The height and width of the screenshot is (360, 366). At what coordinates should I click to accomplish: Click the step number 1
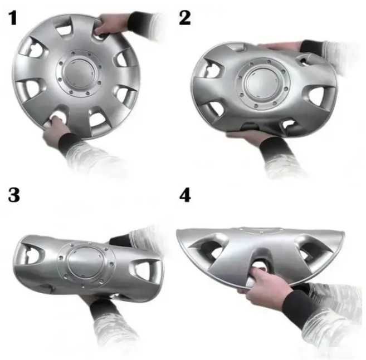(x=13, y=18)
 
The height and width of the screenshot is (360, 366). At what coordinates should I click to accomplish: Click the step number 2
(x=184, y=18)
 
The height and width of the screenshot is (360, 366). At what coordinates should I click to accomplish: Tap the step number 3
(x=14, y=195)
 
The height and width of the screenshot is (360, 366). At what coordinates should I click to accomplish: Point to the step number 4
(x=185, y=195)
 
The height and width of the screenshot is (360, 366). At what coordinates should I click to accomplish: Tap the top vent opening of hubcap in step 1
(x=63, y=28)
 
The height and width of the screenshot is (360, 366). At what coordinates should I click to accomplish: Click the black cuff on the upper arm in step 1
(x=140, y=23)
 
